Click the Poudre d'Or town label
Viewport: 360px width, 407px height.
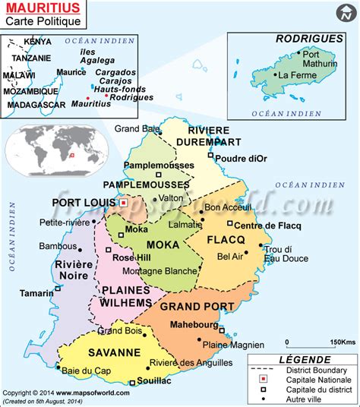tap(241, 158)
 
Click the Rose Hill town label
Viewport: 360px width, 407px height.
tap(130, 257)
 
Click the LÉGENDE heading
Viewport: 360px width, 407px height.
tap(305, 359)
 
